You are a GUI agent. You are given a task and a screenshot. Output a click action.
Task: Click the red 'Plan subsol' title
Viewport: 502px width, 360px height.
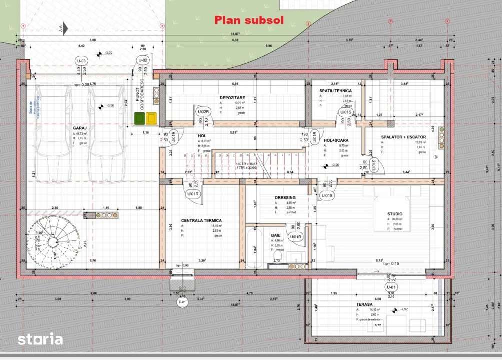(249, 20)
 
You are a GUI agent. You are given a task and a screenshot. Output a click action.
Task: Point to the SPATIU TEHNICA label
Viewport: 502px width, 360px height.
(335, 91)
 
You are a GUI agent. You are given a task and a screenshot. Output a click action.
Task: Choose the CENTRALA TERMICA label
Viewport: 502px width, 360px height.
(201, 220)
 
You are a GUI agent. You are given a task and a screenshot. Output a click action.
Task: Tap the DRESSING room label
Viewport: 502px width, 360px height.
(285, 198)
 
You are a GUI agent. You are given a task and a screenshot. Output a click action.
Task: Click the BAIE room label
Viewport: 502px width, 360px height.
(276, 234)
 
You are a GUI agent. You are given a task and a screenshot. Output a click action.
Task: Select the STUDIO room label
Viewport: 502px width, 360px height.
(395, 214)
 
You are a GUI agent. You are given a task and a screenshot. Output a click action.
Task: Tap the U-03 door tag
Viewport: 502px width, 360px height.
(81, 61)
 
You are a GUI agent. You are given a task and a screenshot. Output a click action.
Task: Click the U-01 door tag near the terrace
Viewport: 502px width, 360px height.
(391, 287)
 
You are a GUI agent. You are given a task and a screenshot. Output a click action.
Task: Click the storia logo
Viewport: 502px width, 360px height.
(40, 339)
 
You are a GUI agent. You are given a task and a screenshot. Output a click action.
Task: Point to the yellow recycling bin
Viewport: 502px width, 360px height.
(150, 118)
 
